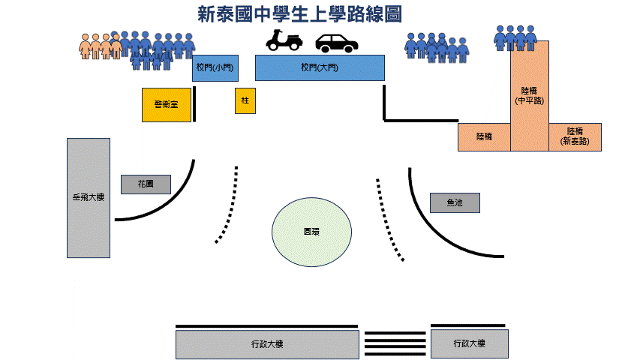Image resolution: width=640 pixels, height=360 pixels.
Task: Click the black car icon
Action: [x=335, y=43]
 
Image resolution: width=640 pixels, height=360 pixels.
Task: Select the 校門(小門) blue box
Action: [x=215, y=67]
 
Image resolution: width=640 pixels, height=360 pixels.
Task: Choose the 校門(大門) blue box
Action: [x=320, y=67]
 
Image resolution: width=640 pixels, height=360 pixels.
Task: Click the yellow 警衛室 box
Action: [x=166, y=104]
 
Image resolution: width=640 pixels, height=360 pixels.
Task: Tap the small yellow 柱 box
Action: [x=245, y=100]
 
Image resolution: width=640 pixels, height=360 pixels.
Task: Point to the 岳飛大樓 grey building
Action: [x=89, y=197]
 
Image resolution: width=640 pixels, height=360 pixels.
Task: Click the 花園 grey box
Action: [x=146, y=184]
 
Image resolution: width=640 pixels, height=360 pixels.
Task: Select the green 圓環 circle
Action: [x=311, y=231]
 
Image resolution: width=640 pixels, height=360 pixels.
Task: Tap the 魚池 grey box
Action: [x=455, y=202]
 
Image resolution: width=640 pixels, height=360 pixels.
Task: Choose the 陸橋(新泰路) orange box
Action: [x=575, y=136]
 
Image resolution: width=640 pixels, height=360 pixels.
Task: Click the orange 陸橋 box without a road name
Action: [x=484, y=137]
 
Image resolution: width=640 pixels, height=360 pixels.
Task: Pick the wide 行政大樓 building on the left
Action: [x=267, y=344]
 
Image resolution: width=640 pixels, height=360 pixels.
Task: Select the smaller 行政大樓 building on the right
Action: [x=470, y=343]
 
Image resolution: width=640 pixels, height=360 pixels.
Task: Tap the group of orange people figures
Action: [x=100, y=46]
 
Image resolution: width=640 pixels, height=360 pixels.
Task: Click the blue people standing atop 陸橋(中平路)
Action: [x=515, y=37]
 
